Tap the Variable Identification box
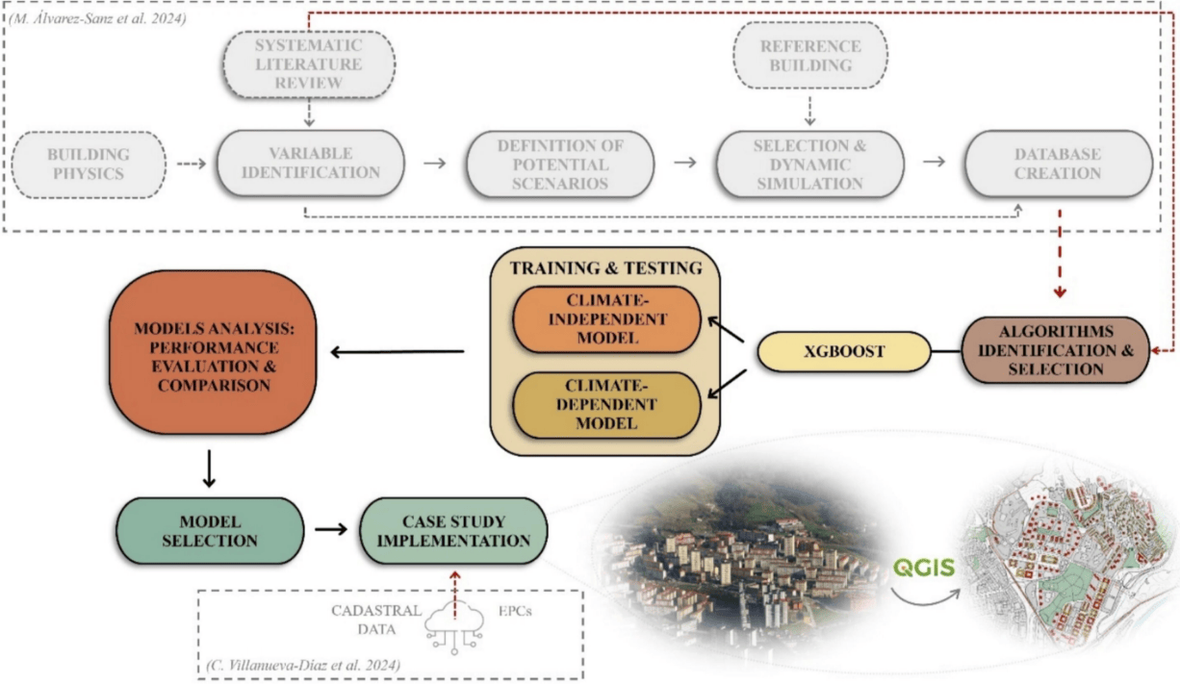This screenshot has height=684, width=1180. point(310,164)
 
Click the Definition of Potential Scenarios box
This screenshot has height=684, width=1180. point(560,164)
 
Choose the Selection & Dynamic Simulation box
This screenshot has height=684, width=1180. point(809,164)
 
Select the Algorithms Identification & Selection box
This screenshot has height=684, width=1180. point(1056,349)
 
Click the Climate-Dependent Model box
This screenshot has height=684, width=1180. point(605,404)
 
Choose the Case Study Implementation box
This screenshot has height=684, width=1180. point(453,529)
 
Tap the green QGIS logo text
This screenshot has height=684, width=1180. point(922,568)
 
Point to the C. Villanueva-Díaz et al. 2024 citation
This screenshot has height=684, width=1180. point(303,665)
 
